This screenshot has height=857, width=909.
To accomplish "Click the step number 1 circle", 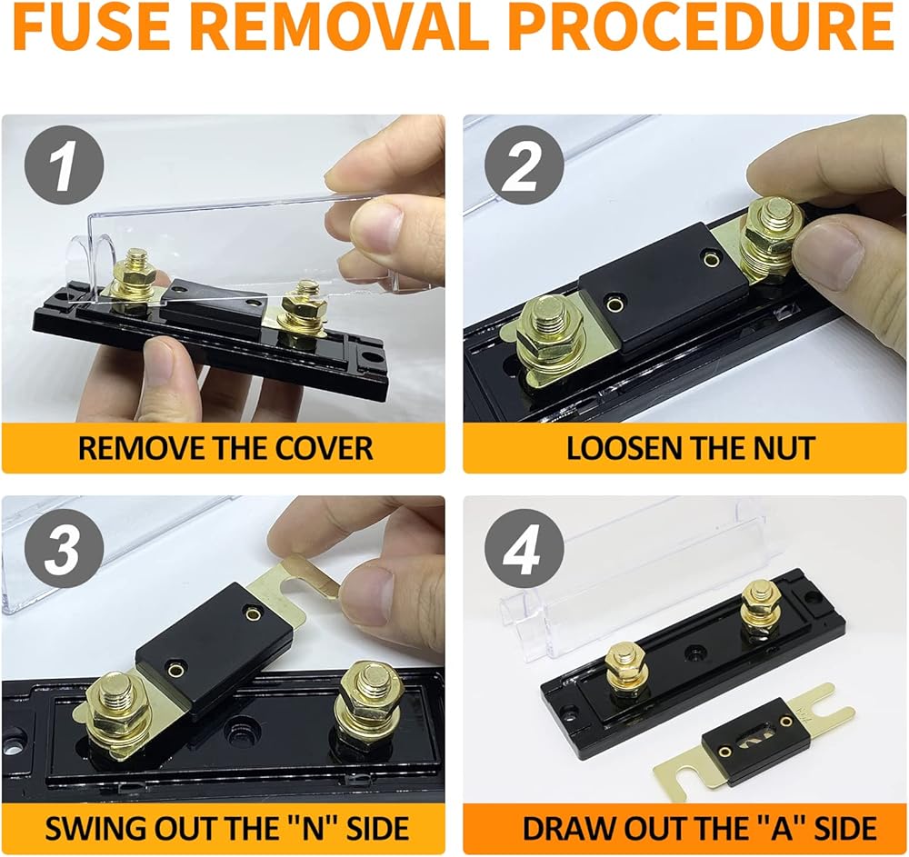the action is [x=64, y=165].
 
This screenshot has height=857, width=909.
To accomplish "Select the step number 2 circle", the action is [x=524, y=165].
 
